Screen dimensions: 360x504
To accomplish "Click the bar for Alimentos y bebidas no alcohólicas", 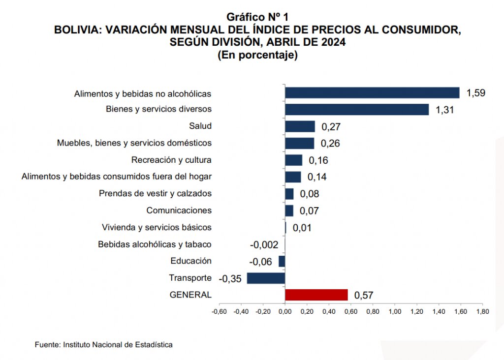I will click(x=372, y=93).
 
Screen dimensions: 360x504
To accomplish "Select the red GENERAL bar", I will click(x=316, y=295).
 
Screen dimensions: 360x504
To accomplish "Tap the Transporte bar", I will click(x=266, y=278).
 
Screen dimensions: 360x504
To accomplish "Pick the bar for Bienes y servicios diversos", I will click(x=357, y=109).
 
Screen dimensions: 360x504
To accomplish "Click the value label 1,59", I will click(x=476, y=93).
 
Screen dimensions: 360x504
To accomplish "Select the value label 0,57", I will click(x=364, y=296).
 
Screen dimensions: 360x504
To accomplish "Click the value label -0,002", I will click(x=264, y=244).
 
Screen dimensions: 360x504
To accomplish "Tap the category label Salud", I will click(x=200, y=126).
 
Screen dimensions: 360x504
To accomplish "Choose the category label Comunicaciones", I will click(x=179, y=210).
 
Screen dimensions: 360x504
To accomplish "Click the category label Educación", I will click(x=191, y=261).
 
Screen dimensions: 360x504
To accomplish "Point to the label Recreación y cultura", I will click(x=171, y=160).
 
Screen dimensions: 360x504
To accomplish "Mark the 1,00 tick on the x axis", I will click(x=395, y=311).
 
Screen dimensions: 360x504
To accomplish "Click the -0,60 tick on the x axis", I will click(x=219, y=311).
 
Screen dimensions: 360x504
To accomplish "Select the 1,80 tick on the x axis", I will click(x=482, y=311).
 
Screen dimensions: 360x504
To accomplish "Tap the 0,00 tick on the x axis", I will click(x=284, y=311).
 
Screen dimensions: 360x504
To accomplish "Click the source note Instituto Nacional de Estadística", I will click(x=118, y=345).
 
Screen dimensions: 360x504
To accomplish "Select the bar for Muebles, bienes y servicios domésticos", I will click(x=300, y=143).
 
